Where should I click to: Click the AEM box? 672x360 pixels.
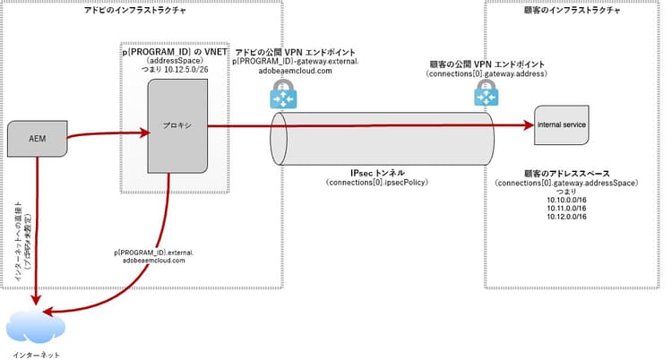pyautogui.click(x=38, y=139)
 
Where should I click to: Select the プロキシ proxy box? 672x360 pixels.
pyautogui.click(x=176, y=127)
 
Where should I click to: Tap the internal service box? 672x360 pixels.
pyautogui.click(x=562, y=125)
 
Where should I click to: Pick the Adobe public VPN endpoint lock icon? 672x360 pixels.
pyautogui.click(x=285, y=93)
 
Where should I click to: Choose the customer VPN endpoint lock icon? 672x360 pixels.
pyautogui.click(x=487, y=90)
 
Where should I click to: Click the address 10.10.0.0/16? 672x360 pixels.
pyautogui.click(x=565, y=201)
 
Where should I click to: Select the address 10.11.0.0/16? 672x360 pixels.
pyautogui.click(x=565, y=210)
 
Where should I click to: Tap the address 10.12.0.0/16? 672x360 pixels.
pyautogui.click(x=565, y=219)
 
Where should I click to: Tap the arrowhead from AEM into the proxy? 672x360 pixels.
pyautogui.click(x=142, y=134)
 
